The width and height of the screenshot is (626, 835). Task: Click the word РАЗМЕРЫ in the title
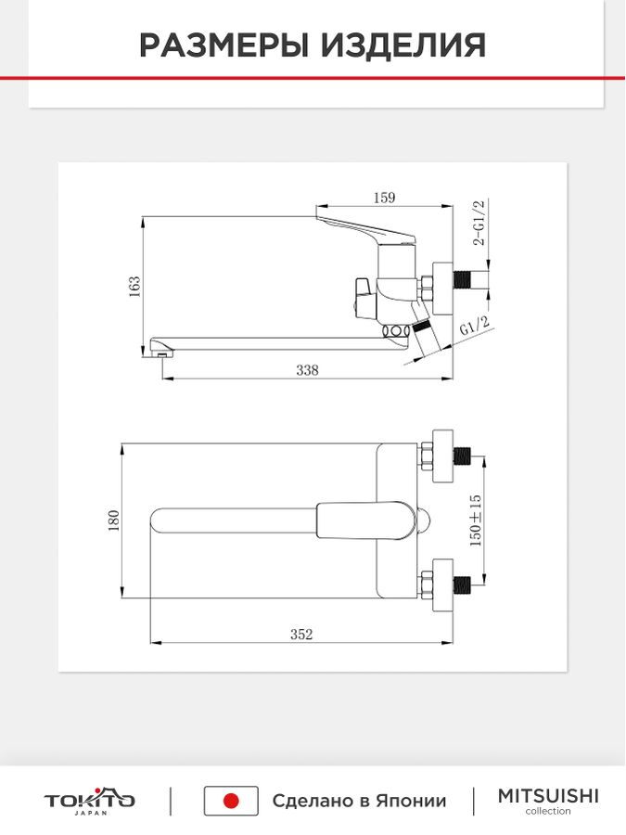pyautogui.click(x=224, y=45)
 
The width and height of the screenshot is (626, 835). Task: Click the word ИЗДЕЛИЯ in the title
pyautogui.click(x=403, y=45)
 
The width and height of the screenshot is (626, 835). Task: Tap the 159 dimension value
pyautogui.click(x=384, y=198)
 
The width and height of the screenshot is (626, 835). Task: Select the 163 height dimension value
pyautogui.click(x=134, y=286)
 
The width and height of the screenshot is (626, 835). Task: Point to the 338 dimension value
pyautogui.click(x=307, y=369)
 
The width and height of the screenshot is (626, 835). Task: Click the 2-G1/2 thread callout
pyautogui.click(x=479, y=223)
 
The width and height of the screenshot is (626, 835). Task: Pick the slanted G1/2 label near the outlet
pyautogui.click(x=474, y=326)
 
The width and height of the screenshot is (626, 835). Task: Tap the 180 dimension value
pyautogui.click(x=113, y=520)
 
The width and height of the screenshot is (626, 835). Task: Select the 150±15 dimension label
pyautogui.click(x=476, y=520)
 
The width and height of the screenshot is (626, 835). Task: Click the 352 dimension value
pyautogui.click(x=301, y=635)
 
